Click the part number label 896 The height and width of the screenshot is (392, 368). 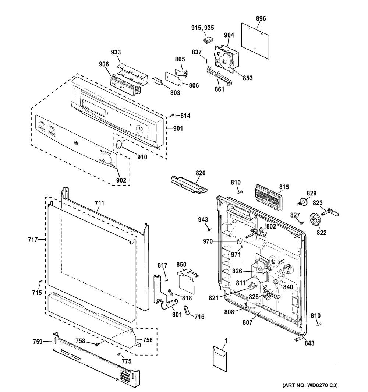pos(261,18)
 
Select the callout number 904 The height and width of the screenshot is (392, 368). pos(229,35)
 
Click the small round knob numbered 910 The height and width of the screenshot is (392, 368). pos(118,144)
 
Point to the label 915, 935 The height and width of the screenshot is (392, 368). pos(202,28)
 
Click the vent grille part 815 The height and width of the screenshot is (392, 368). pos(266,197)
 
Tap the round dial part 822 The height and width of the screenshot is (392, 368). pos(315,219)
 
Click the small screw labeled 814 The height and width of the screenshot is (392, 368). pos(171,117)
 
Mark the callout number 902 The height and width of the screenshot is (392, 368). pos(121,180)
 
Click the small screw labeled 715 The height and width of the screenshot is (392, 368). pos(40,282)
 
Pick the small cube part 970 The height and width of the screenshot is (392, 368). pos(239,241)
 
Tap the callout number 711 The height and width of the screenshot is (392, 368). pos(99,203)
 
